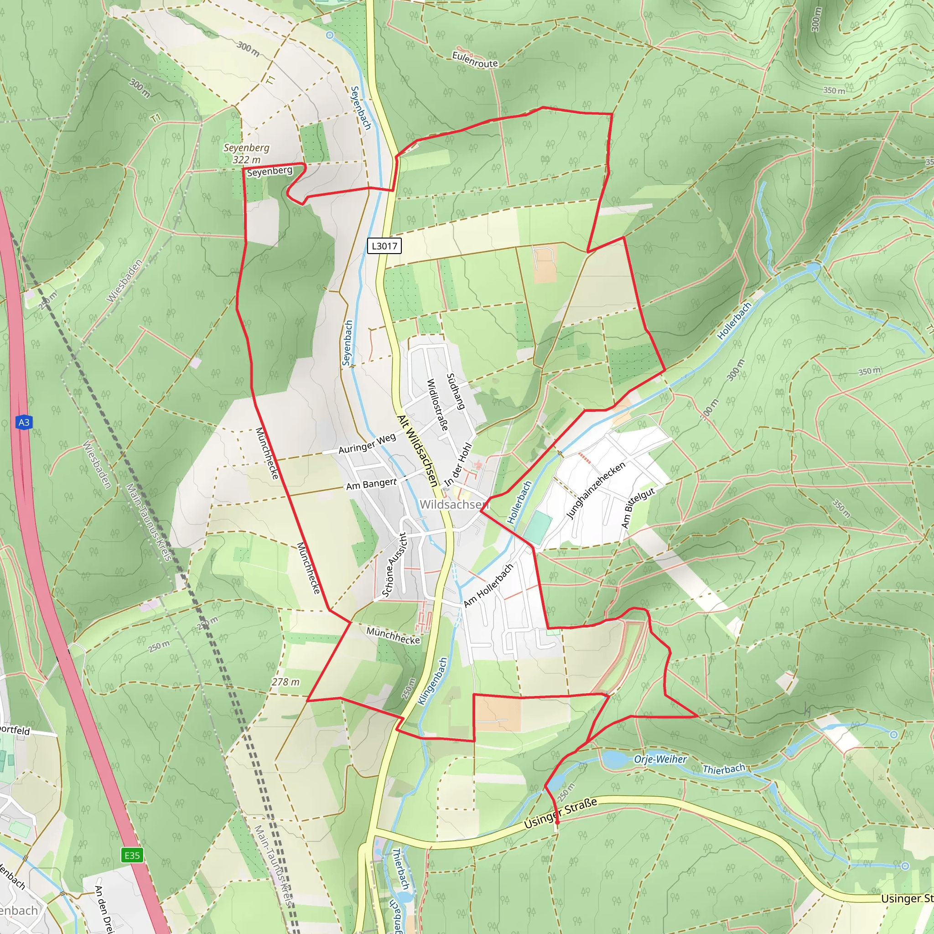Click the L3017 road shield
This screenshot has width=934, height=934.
coord(384,246)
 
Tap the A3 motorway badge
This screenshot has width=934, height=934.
coord(24,422)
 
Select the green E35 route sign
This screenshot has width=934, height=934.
coord(132,856)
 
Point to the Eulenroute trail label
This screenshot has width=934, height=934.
coord(475,60)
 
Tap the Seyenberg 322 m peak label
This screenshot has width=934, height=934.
coord(247,153)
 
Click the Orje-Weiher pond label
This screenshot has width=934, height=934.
coord(660,759)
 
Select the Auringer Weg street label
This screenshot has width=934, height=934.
coord(367,444)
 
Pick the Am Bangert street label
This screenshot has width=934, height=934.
coord(371,484)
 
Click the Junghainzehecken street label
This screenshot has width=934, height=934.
coord(596,490)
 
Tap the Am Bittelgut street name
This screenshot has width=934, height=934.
coord(638,508)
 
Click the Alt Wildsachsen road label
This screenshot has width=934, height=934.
coord(417,451)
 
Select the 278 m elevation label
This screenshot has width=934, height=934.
coord(285,682)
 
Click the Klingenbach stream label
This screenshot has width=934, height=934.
coord(433,681)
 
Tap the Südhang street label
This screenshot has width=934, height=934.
coord(456,392)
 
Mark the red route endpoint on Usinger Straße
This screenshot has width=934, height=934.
coord(557,821)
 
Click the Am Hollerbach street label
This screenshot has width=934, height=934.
coord(488,586)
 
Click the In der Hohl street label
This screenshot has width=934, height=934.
coord(458,465)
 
